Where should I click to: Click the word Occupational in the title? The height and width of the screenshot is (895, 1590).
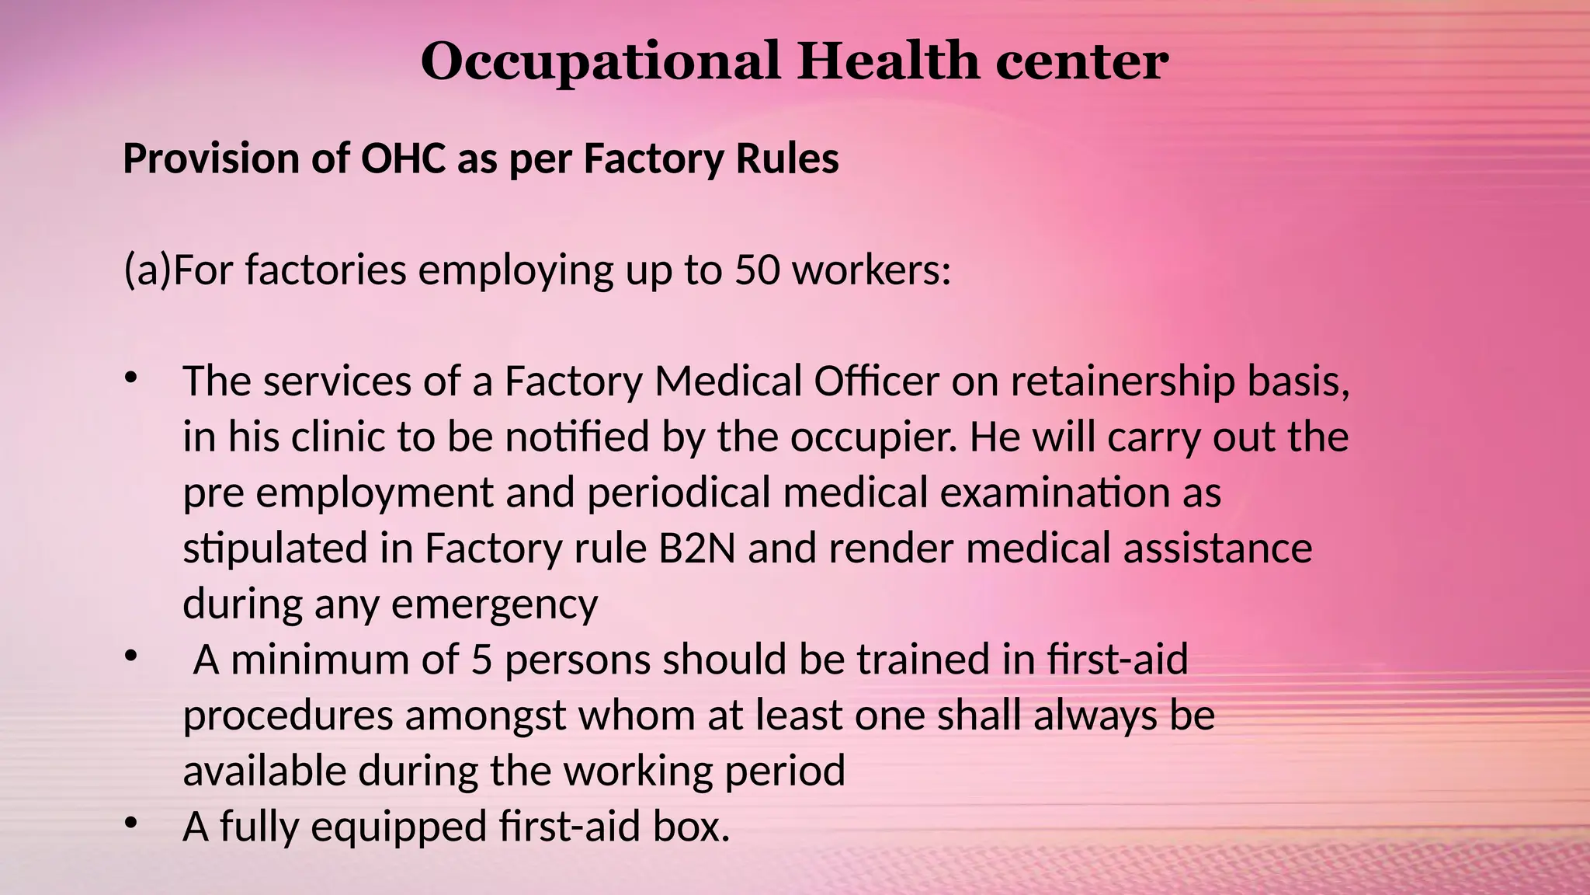click(599, 62)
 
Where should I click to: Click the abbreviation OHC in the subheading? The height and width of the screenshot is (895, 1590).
click(403, 159)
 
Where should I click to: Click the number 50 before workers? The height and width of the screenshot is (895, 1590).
click(757, 270)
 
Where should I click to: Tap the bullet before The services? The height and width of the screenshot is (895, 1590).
click(130, 378)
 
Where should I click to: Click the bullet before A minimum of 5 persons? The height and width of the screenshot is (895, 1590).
click(130, 656)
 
